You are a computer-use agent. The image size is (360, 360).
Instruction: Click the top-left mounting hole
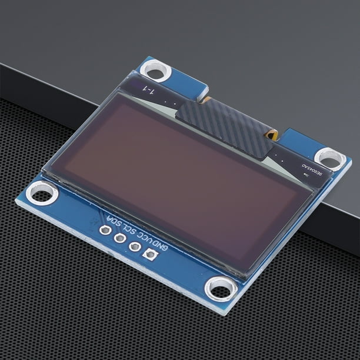click(x=156, y=71)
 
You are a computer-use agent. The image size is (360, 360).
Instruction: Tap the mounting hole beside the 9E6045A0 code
click(x=329, y=158)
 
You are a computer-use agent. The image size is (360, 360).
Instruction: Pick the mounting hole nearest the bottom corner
click(x=221, y=288)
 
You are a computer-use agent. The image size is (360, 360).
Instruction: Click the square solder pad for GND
click(x=149, y=255)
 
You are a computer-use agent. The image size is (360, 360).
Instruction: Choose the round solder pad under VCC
click(x=135, y=246)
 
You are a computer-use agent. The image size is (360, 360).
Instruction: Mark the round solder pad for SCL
click(x=120, y=238)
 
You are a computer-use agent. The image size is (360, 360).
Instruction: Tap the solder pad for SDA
click(x=105, y=229)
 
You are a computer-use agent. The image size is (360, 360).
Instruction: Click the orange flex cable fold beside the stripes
click(x=272, y=135)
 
